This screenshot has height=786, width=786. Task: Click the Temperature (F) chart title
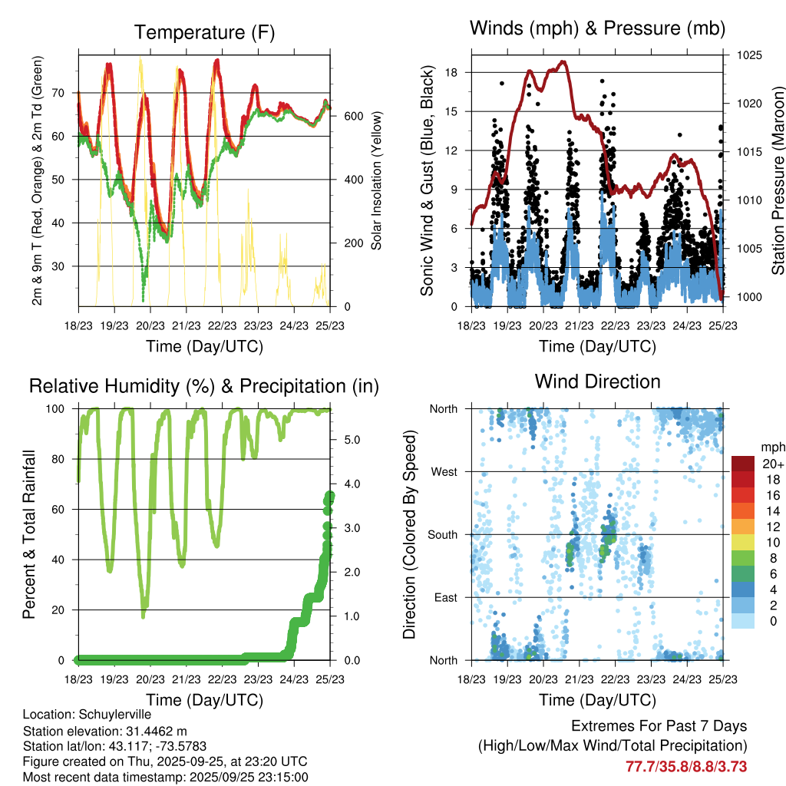[x=204, y=32]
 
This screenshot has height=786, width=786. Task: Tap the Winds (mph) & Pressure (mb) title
[x=597, y=28]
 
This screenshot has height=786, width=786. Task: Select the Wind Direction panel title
[x=597, y=381]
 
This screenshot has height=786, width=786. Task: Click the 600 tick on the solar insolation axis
[x=352, y=116]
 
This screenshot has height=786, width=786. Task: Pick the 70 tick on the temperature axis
[x=62, y=93]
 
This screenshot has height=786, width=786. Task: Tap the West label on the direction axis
[x=444, y=471]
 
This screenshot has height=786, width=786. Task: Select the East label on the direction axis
[x=445, y=597]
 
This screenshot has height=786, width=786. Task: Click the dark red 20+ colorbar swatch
[x=745, y=464]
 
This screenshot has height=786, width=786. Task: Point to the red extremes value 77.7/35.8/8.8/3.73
[x=686, y=766]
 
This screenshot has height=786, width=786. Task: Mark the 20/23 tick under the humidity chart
[x=150, y=679]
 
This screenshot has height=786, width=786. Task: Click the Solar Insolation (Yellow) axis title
[x=377, y=180]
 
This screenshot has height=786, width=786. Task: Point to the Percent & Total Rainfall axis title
[x=28, y=534]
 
